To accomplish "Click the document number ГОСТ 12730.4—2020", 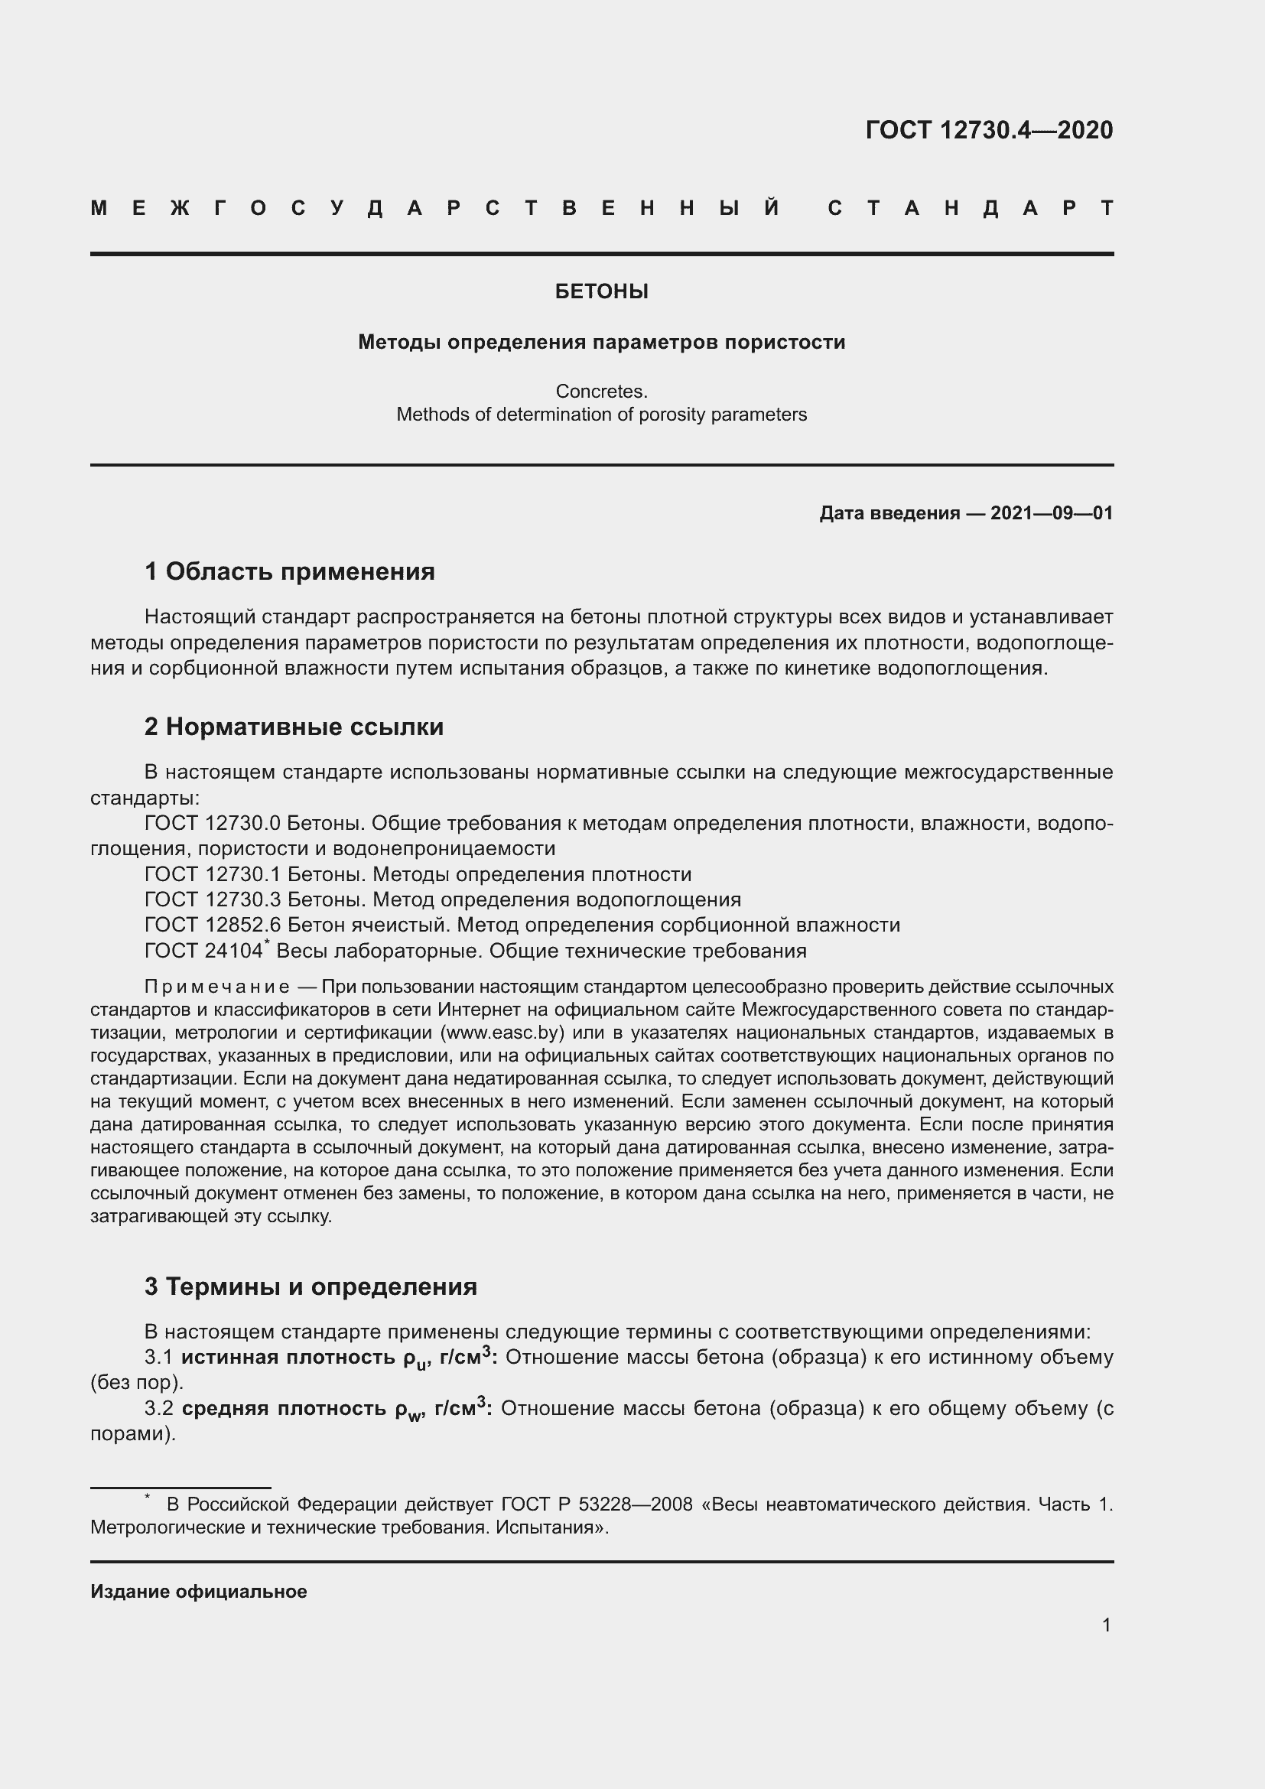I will pyautogui.click(x=988, y=130).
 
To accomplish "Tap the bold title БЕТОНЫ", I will pyautogui.click(x=601, y=291).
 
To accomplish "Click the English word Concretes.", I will pyautogui.click(x=601, y=391).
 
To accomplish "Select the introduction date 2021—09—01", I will pyautogui.click(x=1052, y=512).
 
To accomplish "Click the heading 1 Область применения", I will pyautogui.click(x=289, y=571).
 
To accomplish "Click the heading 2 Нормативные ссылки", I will pyautogui.click(x=294, y=726).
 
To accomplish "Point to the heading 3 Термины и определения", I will pyautogui.click(x=310, y=1286).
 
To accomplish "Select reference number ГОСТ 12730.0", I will pyautogui.click(x=212, y=824).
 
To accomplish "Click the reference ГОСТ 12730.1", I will pyautogui.click(x=212, y=874).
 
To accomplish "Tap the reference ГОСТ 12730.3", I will pyautogui.click(x=212, y=899).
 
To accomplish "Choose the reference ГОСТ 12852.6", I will pyautogui.click(x=212, y=925).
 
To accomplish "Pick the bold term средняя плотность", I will pyautogui.click(x=284, y=1408).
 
